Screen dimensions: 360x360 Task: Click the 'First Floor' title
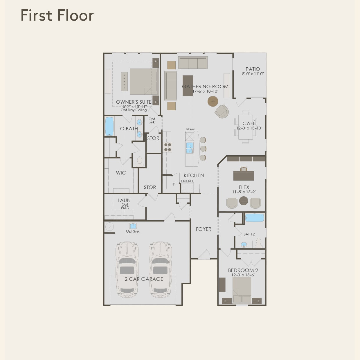click(57, 15)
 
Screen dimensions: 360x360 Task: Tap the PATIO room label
click(253, 69)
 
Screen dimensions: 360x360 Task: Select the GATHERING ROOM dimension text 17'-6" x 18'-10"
click(205, 91)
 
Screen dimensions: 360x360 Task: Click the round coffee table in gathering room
click(213, 101)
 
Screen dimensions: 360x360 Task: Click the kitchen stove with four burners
click(168, 147)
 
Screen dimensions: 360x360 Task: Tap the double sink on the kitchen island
click(189, 147)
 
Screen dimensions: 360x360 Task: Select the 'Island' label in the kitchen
click(190, 129)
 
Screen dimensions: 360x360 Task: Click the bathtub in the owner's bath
click(109, 126)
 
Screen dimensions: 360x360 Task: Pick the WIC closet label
click(121, 173)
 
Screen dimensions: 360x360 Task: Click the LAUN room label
click(124, 200)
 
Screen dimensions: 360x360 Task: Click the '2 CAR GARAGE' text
click(144, 279)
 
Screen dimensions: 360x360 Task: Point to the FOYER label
click(204, 229)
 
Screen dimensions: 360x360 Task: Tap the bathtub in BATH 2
click(254, 218)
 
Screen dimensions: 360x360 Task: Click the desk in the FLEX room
click(244, 175)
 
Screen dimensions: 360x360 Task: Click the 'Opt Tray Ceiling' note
click(134, 110)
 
